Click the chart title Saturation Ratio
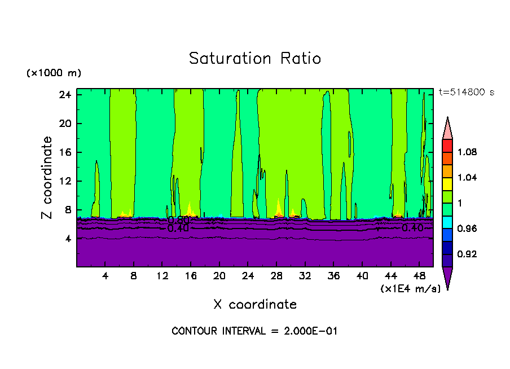click(x=254, y=59)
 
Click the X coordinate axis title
click(x=255, y=305)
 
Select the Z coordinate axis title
click(x=47, y=178)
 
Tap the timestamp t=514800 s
click(x=466, y=93)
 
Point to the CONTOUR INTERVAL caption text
click(x=254, y=331)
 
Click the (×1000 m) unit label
click(x=54, y=73)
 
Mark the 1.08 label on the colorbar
click(x=467, y=152)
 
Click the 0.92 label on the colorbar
click(x=467, y=254)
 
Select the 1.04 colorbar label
click(x=467, y=178)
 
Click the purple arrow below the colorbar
click(x=447, y=278)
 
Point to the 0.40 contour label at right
click(x=413, y=227)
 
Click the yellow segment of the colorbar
click(x=447, y=183)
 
